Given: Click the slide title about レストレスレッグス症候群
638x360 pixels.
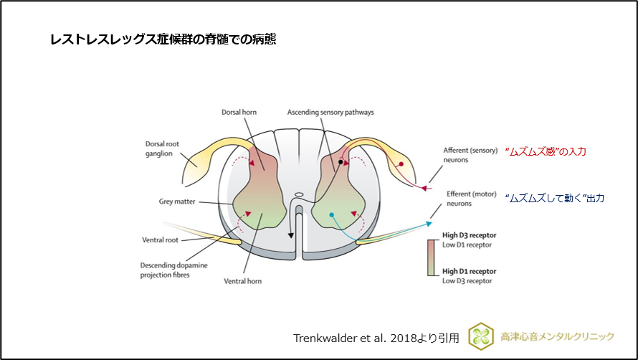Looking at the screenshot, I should tap(163, 40).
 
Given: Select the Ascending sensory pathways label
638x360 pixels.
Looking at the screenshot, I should tap(330, 113).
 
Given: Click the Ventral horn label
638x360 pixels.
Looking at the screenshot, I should tap(244, 281).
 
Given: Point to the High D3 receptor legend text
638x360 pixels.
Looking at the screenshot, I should tap(469, 235).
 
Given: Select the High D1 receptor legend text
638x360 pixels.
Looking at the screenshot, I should tap(469, 271).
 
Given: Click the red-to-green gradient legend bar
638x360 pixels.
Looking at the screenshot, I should tap(432, 257).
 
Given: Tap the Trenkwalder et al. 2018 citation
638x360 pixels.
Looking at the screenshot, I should tap(376, 337).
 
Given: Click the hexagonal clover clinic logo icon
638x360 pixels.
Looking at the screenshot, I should tap(481, 336).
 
